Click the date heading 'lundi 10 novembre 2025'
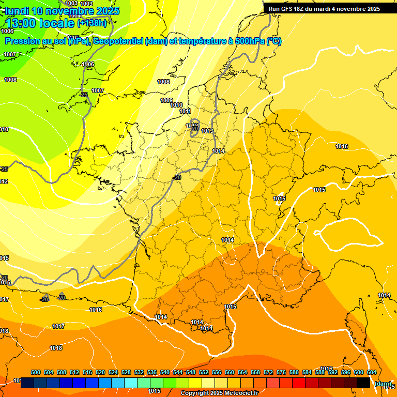pos(62,11)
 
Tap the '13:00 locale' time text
pos(39,23)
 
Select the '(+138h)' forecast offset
pos(92,23)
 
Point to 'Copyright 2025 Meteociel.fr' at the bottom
pos(219,393)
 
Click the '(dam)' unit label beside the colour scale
pos(382,383)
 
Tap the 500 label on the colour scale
pos(36,372)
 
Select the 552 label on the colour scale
pos(204,372)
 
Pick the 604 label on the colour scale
pos(372,372)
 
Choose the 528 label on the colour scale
pos(126,372)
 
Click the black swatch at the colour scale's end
pos(363,383)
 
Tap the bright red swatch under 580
pos(299,383)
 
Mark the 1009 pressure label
pos(166,100)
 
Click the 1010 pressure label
pos(177,105)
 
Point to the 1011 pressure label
pos(186,111)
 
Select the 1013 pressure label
pos(207,131)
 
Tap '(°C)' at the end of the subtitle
pos(273,41)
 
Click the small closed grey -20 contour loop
pos(194,125)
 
